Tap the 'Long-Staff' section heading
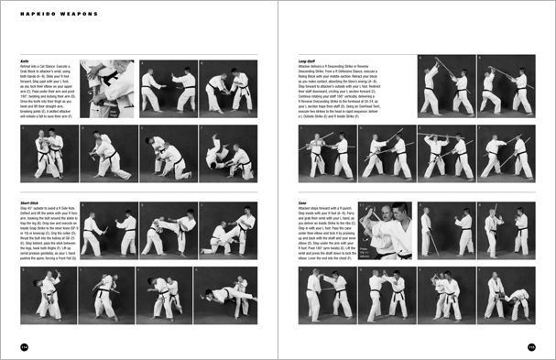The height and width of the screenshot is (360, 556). tap(307, 58)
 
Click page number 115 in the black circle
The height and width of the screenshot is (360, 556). tap(531, 346)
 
